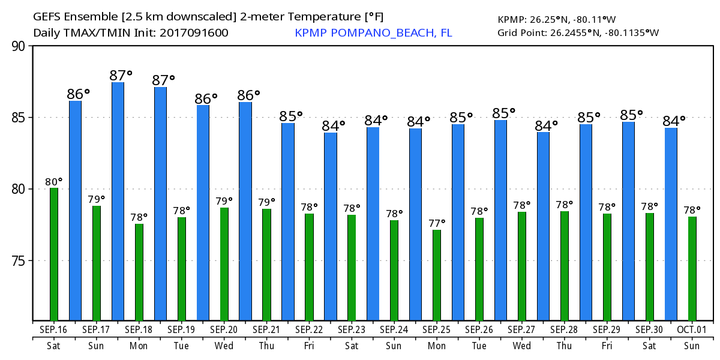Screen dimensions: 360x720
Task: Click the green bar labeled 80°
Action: pos(54,254)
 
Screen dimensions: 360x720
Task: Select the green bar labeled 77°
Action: pos(437,275)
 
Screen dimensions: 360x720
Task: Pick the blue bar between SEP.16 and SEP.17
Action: pos(75,210)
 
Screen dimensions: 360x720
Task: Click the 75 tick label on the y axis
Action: pos(20,261)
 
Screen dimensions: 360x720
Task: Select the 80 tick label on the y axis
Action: pos(20,189)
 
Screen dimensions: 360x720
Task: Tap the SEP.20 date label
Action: pos(224,329)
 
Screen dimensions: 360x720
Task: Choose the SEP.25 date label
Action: pos(437,329)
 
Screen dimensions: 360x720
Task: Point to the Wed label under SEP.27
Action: pos(522,346)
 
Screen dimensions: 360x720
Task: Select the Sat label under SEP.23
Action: pos(352,346)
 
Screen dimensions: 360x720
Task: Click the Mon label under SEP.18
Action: pos(139,346)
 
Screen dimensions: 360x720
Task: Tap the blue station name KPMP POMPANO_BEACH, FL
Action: pos(373,32)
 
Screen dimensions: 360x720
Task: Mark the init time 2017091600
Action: pos(194,32)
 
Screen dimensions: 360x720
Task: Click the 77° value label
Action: pos(437,223)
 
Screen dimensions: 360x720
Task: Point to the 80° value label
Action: pos(54,181)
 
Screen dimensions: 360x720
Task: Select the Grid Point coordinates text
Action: pos(578,32)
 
